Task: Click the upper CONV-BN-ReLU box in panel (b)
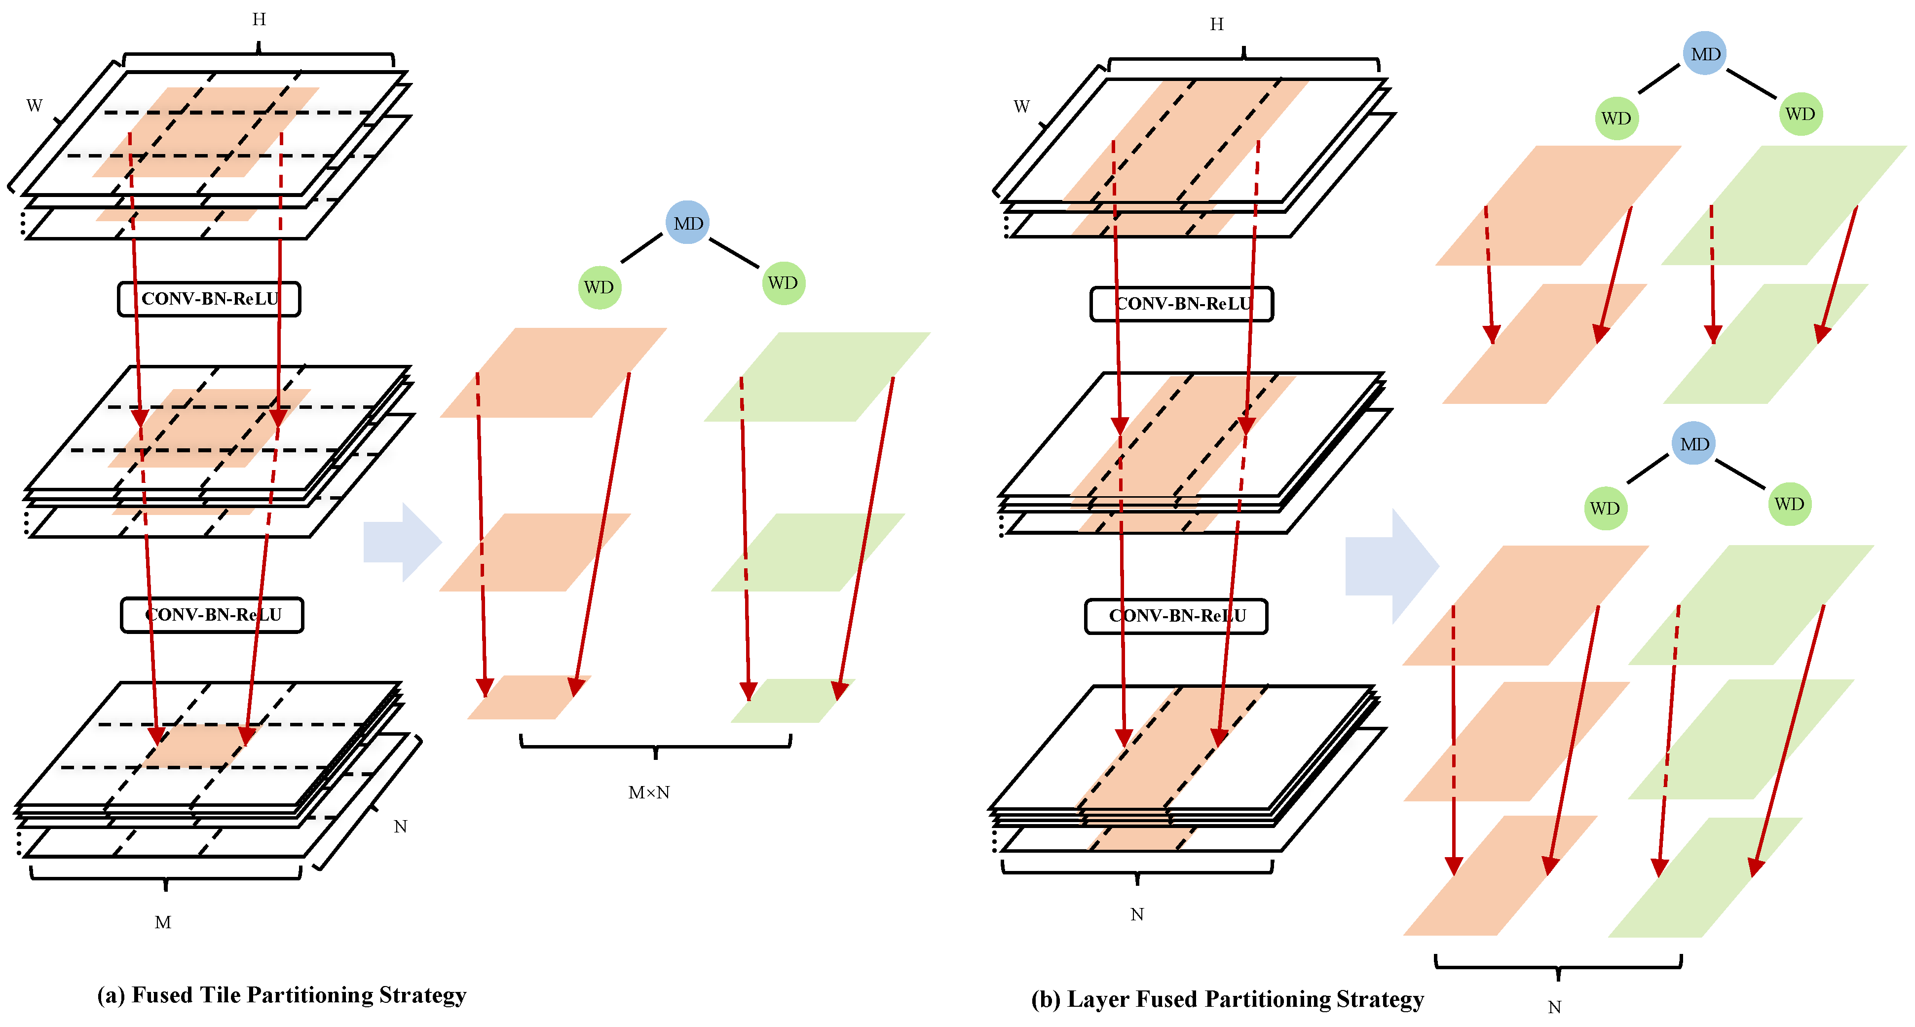coord(1181,304)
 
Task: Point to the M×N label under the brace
coord(649,793)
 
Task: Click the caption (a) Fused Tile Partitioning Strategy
coord(282,995)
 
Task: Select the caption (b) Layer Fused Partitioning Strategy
coord(1227,999)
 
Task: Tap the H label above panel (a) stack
coord(259,19)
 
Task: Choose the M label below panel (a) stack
coord(163,922)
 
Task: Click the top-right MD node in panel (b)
coord(1705,53)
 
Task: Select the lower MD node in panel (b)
coord(1694,444)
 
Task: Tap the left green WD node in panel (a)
coord(599,287)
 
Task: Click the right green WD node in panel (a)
coord(783,282)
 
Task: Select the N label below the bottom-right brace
coord(1554,1007)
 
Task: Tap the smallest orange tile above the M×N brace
coord(528,698)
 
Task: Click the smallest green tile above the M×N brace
coord(792,701)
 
